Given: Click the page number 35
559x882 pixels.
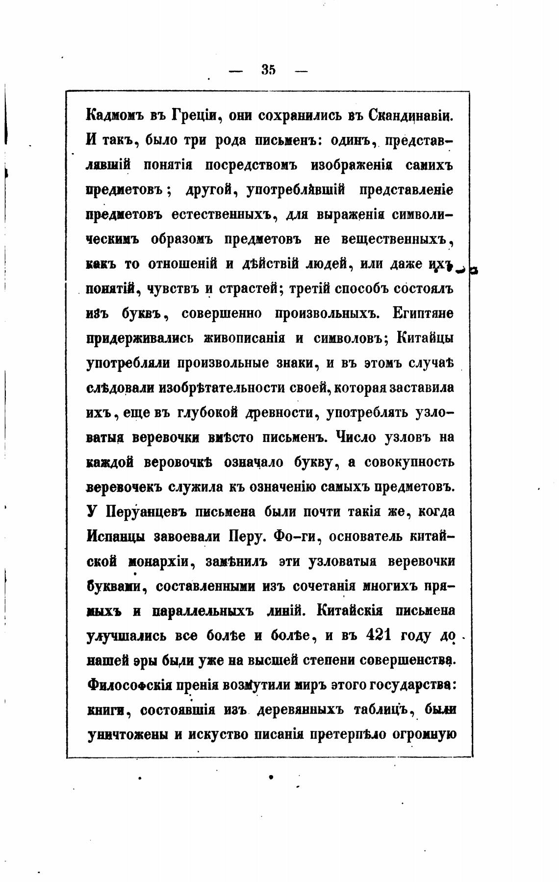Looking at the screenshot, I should pos(269,70).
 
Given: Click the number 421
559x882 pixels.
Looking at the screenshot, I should pos(378,635).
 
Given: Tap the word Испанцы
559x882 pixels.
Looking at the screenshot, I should pos(115,537).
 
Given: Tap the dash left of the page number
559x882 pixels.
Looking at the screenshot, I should pos(236,71).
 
